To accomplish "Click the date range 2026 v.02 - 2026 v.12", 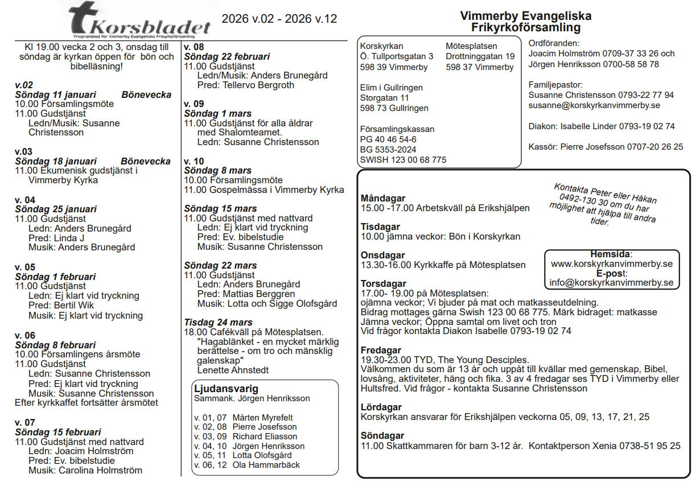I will tap(279, 19).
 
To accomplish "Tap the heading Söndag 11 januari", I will tap(56, 94).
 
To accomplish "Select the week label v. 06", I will tap(25, 335).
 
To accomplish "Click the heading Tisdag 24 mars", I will tap(218, 322).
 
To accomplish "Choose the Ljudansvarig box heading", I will tap(226, 389).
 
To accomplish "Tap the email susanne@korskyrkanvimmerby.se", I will tap(594, 105).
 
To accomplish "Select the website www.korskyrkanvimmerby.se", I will tap(612, 263).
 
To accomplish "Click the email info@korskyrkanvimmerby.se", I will tap(611, 282).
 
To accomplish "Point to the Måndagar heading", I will tap(383, 198).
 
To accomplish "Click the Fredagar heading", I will tap(381, 350).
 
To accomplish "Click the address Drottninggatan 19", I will tap(480, 56).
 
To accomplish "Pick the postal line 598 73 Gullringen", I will tap(394, 108).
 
